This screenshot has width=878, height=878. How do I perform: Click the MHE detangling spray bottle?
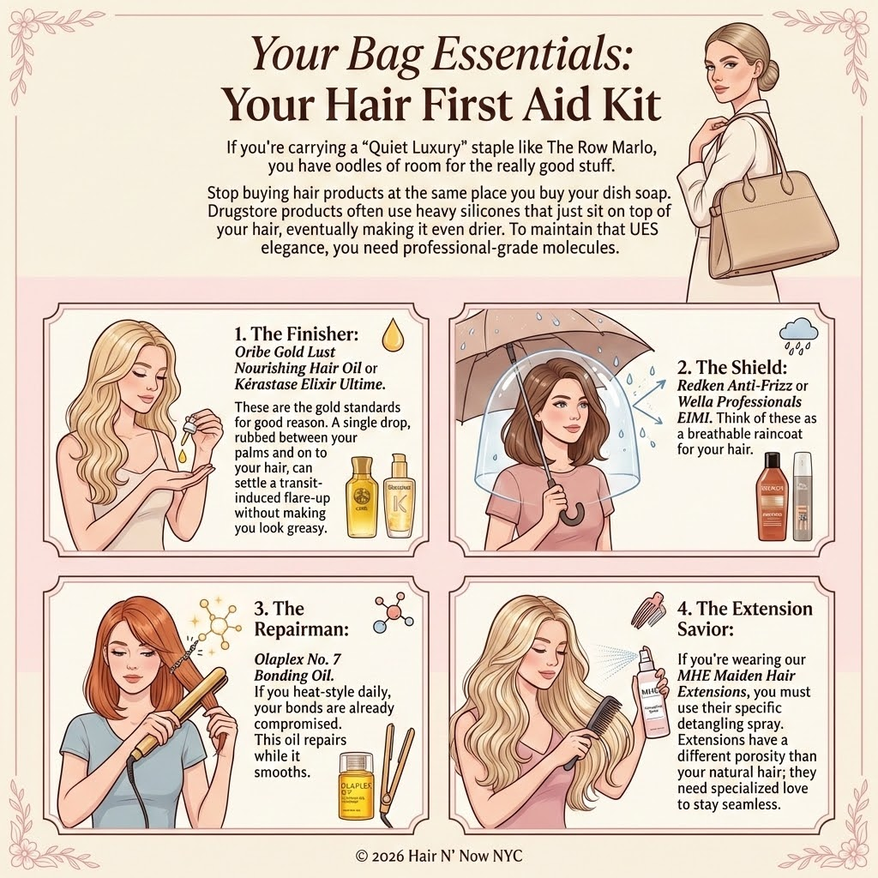click(x=652, y=695)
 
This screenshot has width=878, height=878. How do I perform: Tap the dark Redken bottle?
click(x=771, y=496)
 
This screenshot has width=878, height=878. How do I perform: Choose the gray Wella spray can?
click(x=803, y=497)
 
